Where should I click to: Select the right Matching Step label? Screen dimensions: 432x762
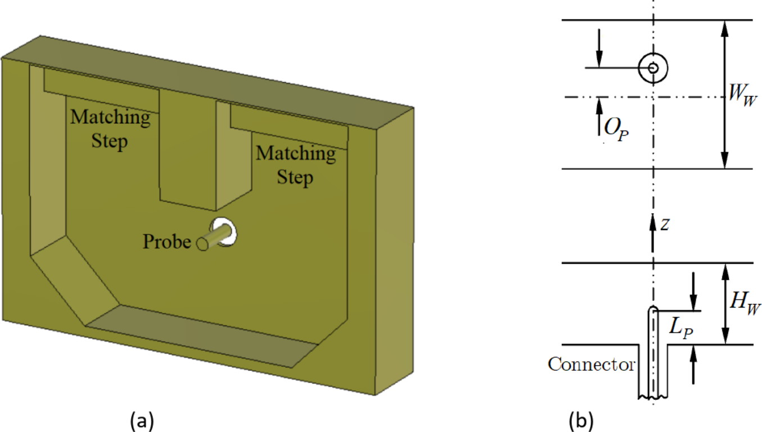296,165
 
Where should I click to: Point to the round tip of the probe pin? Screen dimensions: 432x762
201,244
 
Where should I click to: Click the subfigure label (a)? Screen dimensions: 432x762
141,420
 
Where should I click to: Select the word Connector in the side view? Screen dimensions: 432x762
592,364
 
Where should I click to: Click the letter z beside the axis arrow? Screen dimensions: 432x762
665,224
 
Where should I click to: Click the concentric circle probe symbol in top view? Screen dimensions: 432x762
653,67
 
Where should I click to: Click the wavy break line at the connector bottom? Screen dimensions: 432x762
653,398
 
